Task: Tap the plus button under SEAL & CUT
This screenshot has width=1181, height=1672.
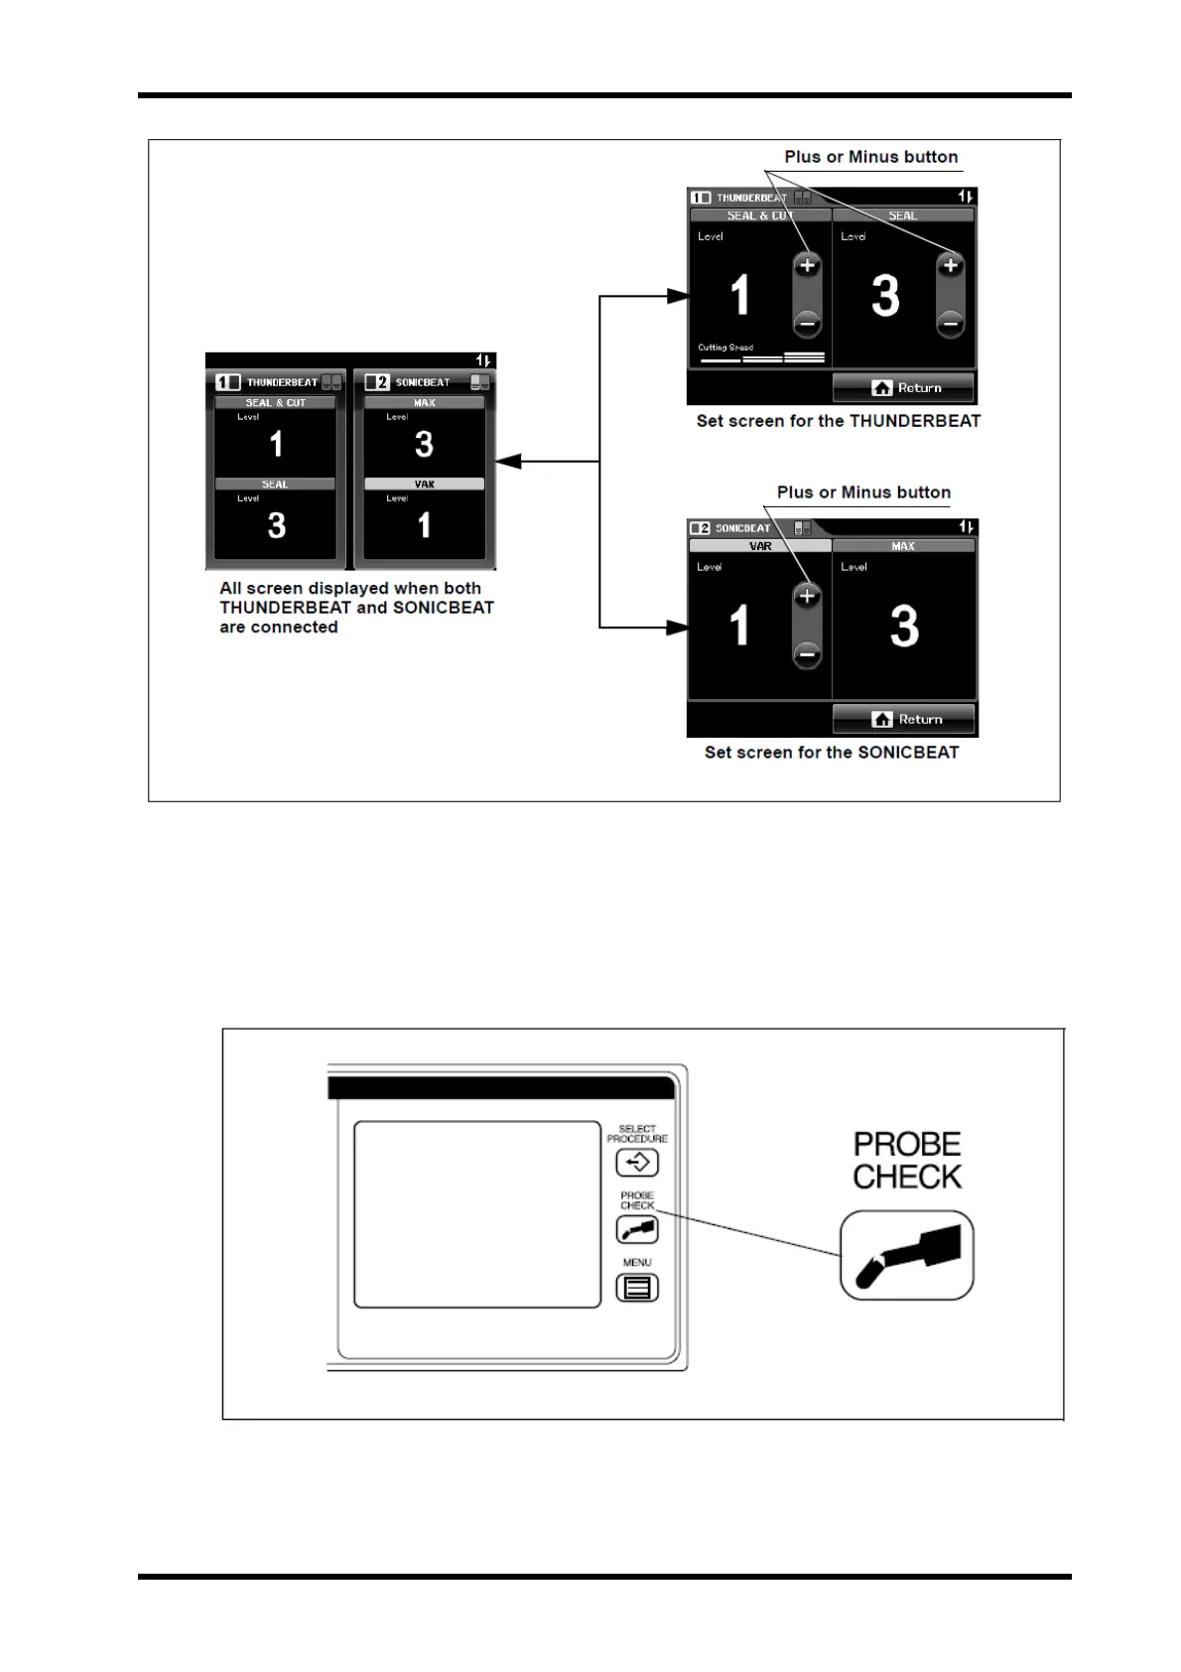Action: point(807,266)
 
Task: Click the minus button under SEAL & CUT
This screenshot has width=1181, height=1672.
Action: point(807,323)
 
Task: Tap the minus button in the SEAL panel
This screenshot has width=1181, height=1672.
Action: point(950,323)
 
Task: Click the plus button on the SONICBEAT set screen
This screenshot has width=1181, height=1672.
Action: point(807,597)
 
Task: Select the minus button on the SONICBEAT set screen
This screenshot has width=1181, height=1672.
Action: point(807,653)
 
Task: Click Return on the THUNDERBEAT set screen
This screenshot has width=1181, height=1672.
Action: point(903,388)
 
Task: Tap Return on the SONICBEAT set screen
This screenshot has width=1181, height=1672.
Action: point(903,720)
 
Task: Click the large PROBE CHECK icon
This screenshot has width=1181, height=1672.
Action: point(906,1255)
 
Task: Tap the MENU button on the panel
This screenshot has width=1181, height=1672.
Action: point(637,1288)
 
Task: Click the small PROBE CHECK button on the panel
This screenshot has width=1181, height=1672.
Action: point(637,1230)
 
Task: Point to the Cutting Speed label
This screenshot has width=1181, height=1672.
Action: point(725,348)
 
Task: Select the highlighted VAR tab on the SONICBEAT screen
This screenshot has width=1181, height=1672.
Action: point(760,546)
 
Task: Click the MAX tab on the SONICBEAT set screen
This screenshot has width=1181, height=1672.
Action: point(903,546)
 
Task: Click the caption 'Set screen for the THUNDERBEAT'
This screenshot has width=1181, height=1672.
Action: point(838,421)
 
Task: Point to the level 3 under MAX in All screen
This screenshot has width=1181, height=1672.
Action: point(424,444)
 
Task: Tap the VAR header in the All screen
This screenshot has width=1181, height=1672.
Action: point(424,485)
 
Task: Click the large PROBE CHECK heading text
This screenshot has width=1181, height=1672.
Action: point(907,1161)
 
